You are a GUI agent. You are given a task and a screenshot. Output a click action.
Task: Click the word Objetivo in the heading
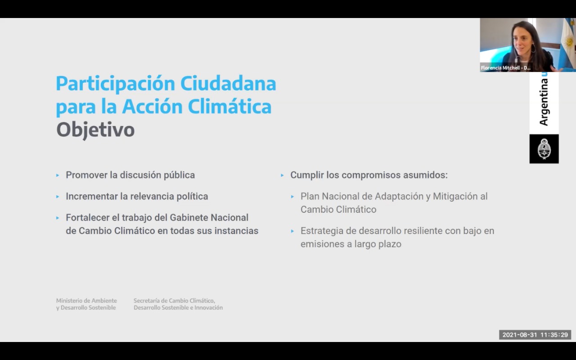[x=95, y=130]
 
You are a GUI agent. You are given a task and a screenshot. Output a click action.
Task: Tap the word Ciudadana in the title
[x=228, y=84]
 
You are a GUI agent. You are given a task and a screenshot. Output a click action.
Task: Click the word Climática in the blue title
[x=229, y=107]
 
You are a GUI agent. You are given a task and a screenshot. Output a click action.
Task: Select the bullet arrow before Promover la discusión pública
[x=58, y=175]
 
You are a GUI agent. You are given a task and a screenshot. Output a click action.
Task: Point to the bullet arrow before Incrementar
[x=58, y=197]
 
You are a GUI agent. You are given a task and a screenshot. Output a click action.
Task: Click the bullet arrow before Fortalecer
[x=58, y=218]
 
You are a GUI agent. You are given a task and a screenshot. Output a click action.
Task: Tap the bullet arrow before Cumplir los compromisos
[x=282, y=175]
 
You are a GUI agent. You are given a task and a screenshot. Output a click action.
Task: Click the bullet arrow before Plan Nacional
[x=292, y=197]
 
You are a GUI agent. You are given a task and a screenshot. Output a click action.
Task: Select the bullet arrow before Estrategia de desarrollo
[x=292, y=231]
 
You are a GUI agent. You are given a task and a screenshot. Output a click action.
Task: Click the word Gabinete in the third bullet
[x=189, y=217]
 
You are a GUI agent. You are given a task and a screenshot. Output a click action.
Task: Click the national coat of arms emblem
[x=544, y=149]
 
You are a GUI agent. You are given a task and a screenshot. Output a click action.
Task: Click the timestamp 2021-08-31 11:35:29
[x=535, y=335]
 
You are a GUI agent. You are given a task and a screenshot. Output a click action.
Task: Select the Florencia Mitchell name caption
[x=505, y=68]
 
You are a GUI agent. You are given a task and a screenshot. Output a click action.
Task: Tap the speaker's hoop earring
[x=533, y=48]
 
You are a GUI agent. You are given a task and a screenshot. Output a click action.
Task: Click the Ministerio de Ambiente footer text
[x=86, y=304]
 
